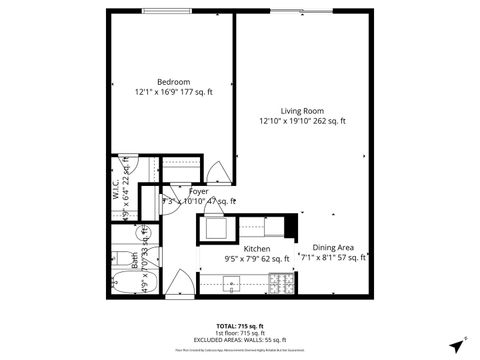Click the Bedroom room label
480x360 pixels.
point(174,82)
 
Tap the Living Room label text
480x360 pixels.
point(300,111)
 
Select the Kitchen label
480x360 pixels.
point(257,249)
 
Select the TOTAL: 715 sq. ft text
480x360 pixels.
point(239,327)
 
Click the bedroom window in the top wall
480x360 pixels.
point(171,12)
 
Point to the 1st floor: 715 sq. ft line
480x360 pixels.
point(239,334)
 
